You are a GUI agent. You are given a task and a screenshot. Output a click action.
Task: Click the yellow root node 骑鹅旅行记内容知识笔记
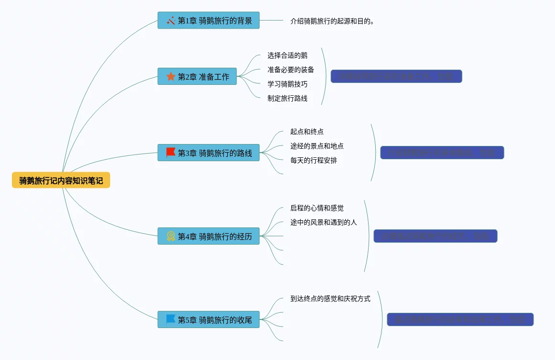61,180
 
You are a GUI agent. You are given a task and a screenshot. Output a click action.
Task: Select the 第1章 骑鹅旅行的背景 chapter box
208,21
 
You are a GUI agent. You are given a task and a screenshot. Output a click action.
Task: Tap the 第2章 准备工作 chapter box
197,76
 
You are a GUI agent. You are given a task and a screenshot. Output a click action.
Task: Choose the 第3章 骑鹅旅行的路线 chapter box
208,153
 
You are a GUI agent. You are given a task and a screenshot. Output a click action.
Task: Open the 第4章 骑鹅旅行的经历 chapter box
208,236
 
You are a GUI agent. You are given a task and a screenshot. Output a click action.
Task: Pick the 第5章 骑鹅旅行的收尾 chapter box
208,319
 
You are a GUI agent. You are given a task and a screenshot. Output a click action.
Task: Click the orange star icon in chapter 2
171,76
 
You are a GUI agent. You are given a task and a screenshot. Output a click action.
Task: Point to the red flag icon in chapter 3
171,153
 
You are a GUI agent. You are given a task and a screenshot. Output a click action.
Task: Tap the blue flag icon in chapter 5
171,319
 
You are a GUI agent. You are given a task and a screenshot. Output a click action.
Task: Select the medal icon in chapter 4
171,236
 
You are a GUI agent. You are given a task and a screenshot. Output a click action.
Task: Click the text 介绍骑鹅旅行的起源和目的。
332,21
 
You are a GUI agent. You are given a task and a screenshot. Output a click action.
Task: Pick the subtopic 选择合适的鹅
288,55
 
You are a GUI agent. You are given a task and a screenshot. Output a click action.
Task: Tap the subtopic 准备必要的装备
291,70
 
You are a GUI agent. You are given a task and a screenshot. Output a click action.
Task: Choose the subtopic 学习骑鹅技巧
288,84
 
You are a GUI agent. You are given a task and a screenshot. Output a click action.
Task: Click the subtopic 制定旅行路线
288,98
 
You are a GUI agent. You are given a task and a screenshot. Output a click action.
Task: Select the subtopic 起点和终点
307,132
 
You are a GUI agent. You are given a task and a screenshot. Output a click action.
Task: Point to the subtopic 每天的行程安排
314,160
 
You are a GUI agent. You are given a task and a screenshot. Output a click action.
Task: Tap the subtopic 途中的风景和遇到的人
324,222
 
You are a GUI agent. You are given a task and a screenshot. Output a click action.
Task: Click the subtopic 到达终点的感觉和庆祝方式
330,298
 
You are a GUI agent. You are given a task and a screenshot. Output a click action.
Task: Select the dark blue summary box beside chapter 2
396,76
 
